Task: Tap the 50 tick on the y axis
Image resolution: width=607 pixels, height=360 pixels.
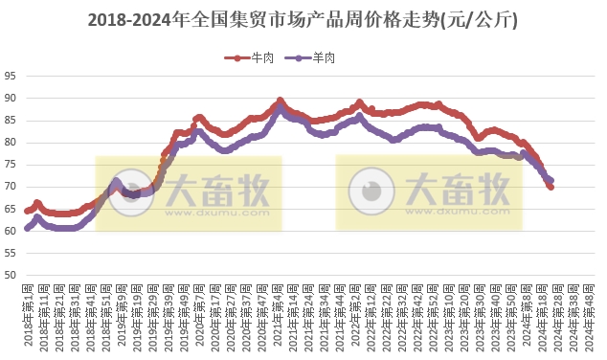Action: click(x=10, y=275)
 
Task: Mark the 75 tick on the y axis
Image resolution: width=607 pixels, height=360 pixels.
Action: click(x=10, y=165)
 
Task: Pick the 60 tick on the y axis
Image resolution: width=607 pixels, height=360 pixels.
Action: click(x=10, y=231)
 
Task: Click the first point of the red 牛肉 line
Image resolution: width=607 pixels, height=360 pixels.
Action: click(x=28, y=211)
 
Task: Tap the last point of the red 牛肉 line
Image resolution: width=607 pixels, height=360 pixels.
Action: click(x=551, y=187)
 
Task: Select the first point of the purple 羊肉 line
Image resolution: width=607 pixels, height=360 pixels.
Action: click(x=28, y=229)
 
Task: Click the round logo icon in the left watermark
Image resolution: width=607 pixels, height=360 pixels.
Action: click(x=128, y=191)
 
